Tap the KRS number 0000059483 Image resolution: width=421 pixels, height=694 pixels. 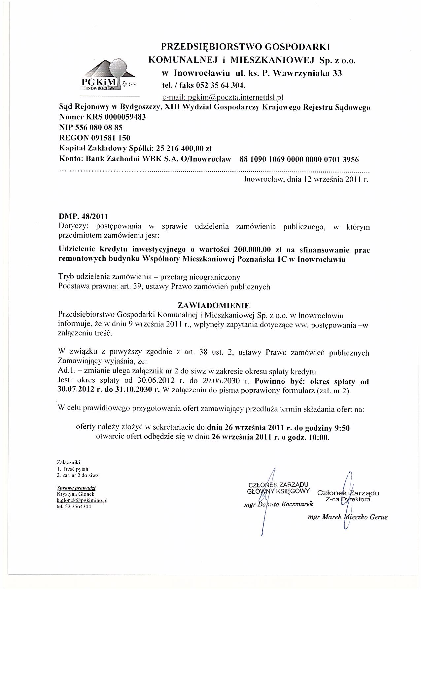click(x=125, y=117)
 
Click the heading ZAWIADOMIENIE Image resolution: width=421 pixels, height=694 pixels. click(x=214, y=304)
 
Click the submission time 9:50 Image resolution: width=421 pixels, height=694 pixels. click(x=342, y=428)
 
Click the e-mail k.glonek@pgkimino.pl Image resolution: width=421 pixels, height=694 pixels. click(x=82, y=500)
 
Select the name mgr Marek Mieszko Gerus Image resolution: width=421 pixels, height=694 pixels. click(x=347, y=517)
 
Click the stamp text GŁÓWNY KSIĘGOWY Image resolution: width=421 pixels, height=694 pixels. click(x=278, y=491)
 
